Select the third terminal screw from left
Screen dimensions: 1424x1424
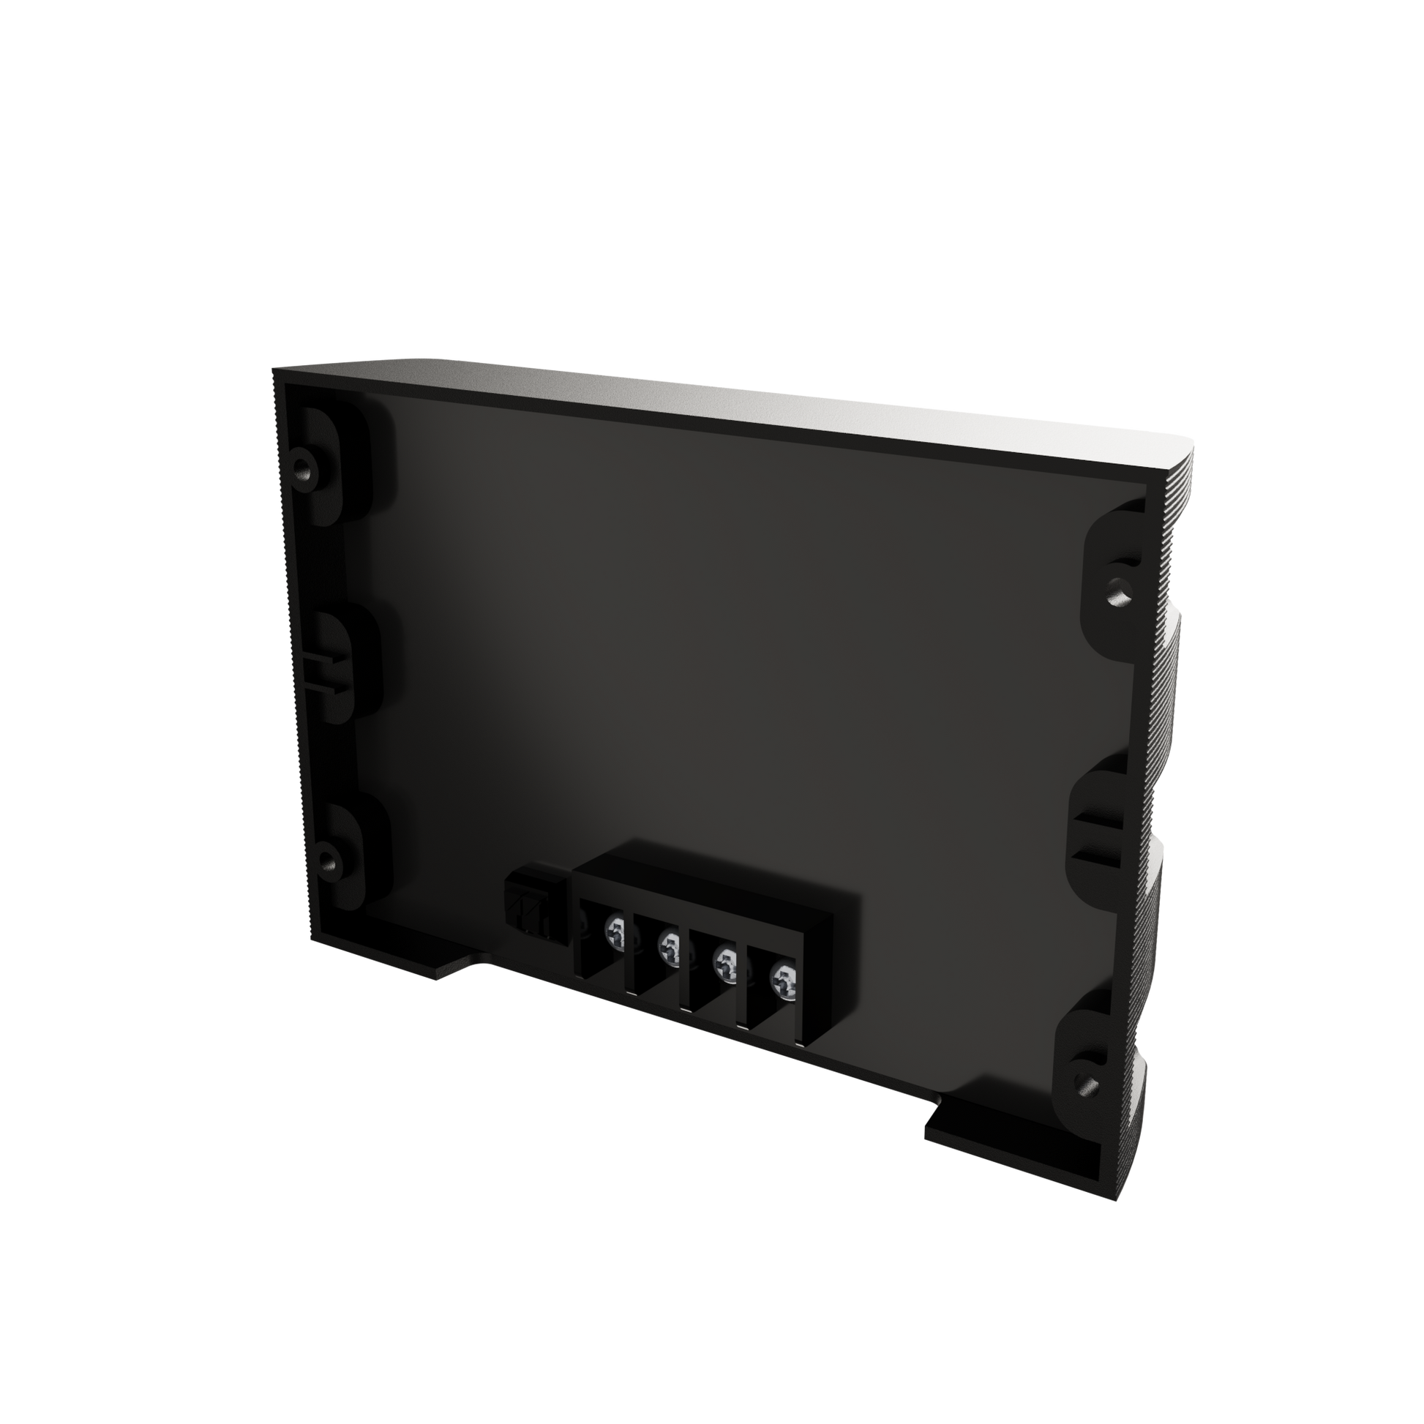(x=726, y=966)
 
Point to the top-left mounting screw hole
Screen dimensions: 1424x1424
(x=303, y=467)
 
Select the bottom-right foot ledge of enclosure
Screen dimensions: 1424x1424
(x=1010, y=1139)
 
